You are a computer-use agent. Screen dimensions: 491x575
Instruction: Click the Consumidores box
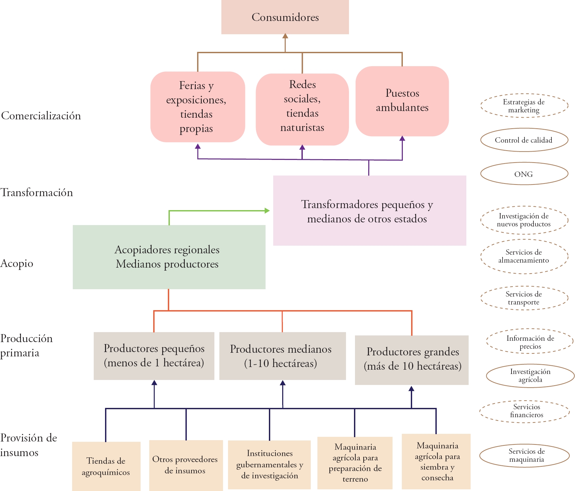[285, 17]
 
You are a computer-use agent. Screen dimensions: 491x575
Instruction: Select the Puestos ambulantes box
[402, 101]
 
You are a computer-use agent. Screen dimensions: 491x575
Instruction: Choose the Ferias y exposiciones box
[197, 107]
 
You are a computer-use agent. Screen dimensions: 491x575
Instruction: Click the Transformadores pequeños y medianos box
[370, 211]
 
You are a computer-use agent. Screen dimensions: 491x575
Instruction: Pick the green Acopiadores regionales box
[169, 257]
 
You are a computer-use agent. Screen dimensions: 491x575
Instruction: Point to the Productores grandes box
[412, 360]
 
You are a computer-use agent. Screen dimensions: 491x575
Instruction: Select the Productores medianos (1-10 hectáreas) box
[283, 356]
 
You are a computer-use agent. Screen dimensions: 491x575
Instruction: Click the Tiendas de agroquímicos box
[106, 466]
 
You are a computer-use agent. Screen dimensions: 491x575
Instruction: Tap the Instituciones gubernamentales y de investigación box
[269, 464]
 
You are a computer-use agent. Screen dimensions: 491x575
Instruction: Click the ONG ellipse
[524, 174]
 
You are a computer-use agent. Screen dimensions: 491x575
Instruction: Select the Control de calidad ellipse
[524, 140]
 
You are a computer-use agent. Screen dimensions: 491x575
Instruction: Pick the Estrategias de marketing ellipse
[524, 106]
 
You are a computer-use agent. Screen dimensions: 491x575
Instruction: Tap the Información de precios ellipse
[530, 342]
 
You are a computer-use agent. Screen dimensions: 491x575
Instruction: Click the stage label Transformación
[37, 192]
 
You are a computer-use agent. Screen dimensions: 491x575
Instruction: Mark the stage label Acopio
[17, 263]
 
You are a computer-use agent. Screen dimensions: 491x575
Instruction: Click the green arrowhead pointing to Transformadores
[267, 210]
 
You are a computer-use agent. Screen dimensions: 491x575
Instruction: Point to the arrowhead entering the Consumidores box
[285, 36]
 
